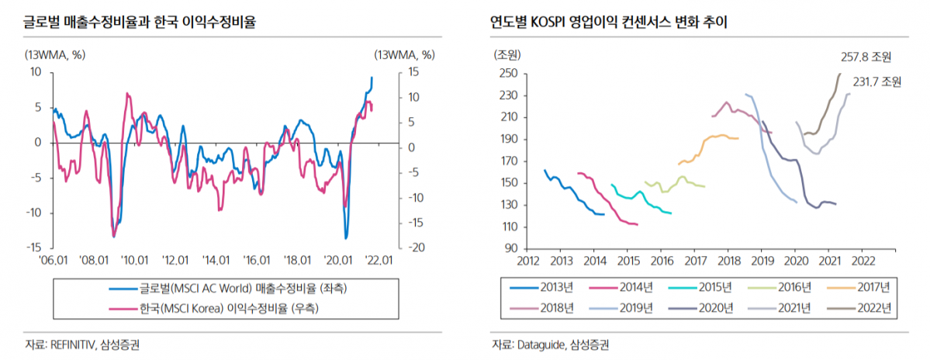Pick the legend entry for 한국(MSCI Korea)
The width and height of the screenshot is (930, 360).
[x=229, y=308]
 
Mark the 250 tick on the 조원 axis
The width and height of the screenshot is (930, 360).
[x=509, y=74]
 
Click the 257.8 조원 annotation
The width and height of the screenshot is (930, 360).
[x=866, y=57]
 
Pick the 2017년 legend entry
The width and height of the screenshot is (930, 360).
[x=869, y=287]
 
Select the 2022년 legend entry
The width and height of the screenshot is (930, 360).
[x=869, y=308]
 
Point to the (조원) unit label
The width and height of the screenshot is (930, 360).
[x=507, y=54]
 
